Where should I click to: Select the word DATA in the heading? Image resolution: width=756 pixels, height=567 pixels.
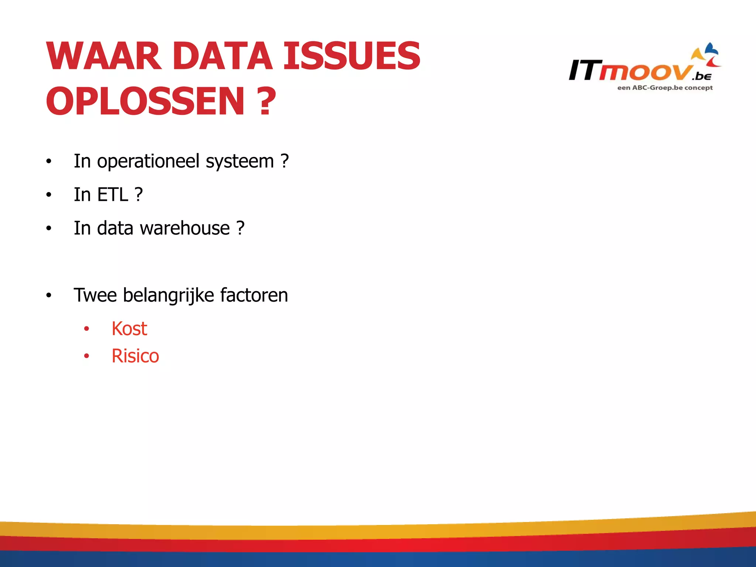[222, 56]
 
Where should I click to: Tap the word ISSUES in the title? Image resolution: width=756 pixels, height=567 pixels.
[351, 56]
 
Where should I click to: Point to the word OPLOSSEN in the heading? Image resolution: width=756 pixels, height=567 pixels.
[145, 101]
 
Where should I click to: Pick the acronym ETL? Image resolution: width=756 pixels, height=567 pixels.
[113, 195]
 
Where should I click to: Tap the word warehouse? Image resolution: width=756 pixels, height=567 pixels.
[185, 228]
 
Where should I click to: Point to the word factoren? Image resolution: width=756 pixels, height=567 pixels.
[254, 295]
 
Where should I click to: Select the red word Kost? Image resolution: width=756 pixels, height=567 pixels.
[129, 329]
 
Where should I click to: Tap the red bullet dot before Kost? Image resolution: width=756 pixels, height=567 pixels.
[86, 329]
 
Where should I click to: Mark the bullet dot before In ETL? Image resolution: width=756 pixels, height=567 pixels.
[49, 195]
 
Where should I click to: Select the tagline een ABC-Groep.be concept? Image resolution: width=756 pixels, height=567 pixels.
[665, 88]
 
